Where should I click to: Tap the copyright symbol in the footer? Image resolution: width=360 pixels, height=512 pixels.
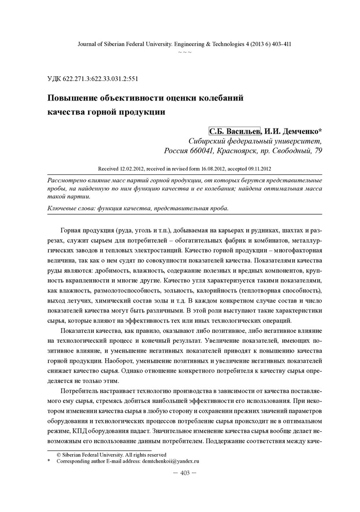point(59,454)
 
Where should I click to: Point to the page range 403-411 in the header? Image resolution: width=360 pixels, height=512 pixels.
point(279,44)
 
